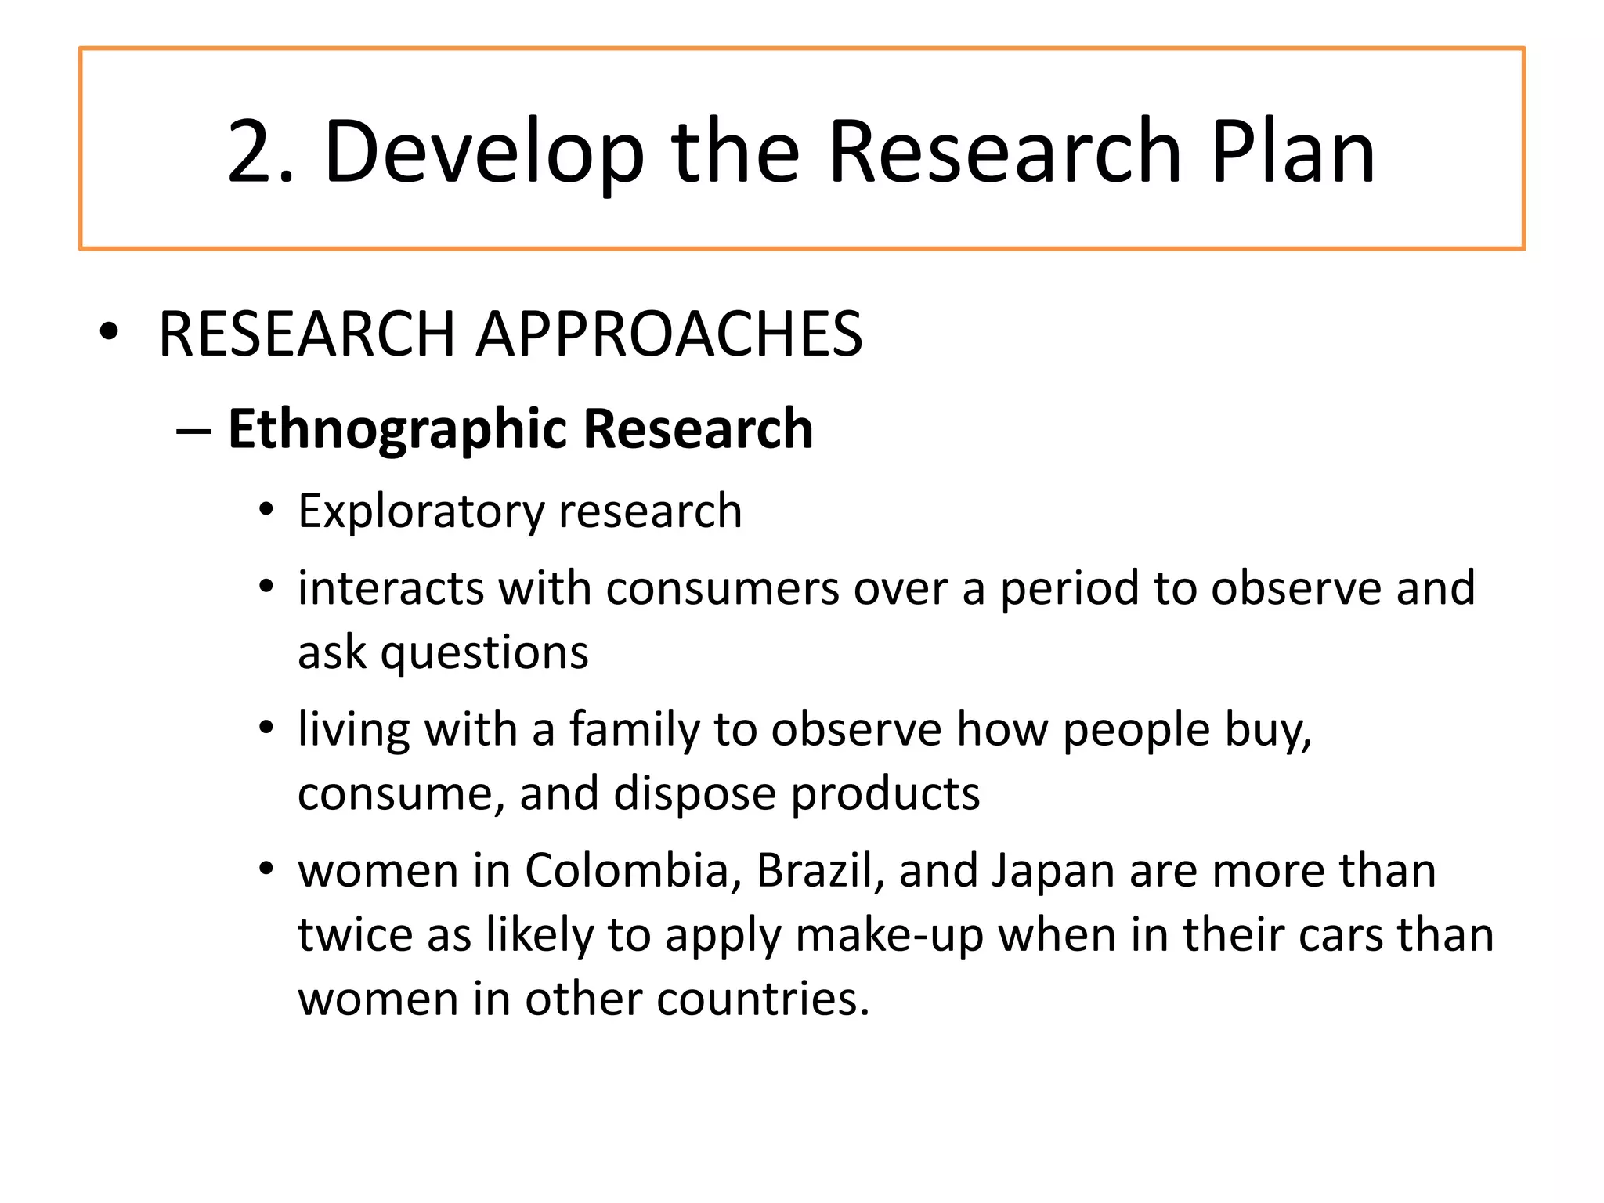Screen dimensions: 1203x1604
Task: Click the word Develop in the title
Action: click(483, 152)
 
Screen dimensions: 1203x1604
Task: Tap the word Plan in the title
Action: click(1292, 152)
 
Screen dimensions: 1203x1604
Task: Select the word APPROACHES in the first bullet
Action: click(670, 334)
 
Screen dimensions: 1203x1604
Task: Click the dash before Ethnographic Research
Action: click(193, 431)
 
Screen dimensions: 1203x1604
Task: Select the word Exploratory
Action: click(421, 512)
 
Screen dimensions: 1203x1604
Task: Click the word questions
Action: click(484, 652)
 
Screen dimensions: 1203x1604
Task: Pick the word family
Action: click(634, 729)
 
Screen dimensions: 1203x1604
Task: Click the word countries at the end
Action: click(764, 999)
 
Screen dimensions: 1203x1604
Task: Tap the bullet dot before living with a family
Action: click(267, 728)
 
